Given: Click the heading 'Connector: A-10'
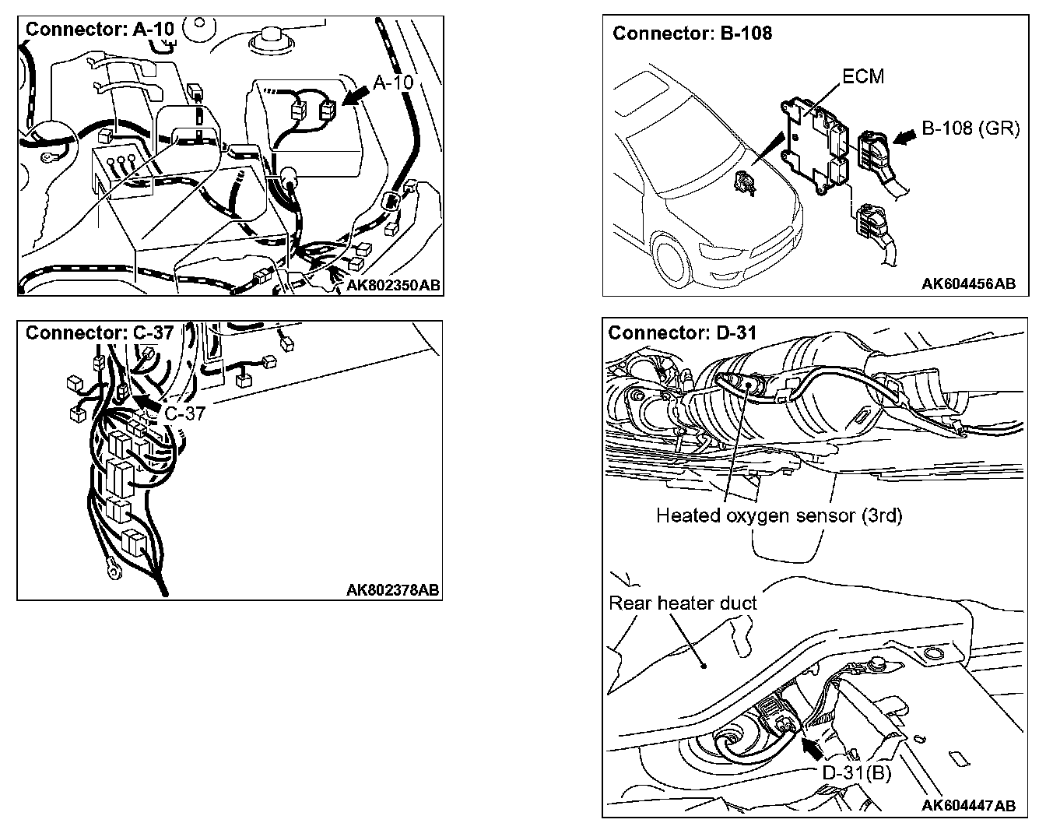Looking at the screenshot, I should click(x=100, y=30).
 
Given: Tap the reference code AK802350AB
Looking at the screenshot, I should click(x=393, y=286).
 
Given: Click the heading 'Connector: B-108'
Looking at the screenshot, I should click(x=692, y=33).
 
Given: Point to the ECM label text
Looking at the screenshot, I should click(x=863, y=76).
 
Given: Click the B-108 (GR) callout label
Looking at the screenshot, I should click(x=971, y=128).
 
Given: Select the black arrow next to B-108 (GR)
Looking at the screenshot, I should click(x=905, y=137).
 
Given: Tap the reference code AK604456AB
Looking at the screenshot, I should click(x=968, y=284).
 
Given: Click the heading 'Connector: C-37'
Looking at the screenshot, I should click(x=100, y=332).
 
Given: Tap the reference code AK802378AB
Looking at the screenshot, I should click(x=392, y=590).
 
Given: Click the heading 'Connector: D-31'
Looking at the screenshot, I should click(x=682, y=332).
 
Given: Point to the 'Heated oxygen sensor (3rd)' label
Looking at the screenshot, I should click(x=778, y=515).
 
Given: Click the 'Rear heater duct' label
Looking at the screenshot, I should click(x=683, y=603).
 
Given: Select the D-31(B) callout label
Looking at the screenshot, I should click(x=857, y=772).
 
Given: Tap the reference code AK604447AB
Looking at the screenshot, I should click(x=968, y=805).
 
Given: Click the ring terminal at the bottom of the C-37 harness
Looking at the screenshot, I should click(x=114, y=572).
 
